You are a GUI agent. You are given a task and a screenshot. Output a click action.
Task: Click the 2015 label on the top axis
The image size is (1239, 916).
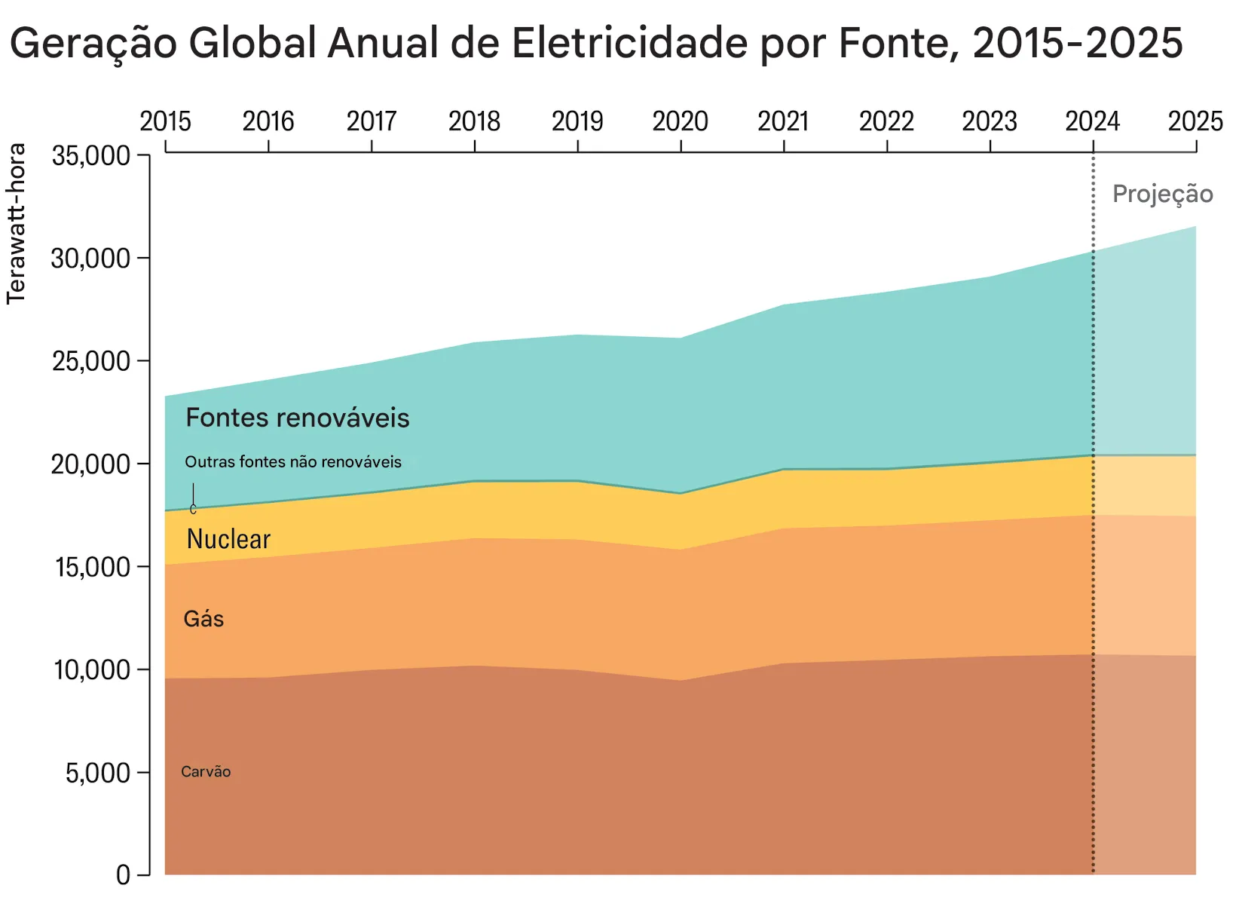pyautogui.click(x=165, y=121)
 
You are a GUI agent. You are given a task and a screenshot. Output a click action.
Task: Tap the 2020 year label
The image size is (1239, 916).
pyautogui.click(x=680, y=121)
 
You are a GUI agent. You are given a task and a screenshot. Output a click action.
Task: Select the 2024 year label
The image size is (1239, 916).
pyautogui.click(x=1092, y=121)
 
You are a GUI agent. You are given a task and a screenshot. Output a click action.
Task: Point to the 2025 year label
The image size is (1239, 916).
pyautogui.click(x=1195, y=121)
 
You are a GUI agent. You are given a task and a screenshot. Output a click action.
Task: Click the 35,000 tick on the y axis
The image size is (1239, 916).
pyautogui.click(x=90, y=156)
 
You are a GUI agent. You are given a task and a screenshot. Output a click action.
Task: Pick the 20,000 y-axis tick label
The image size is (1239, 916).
pyautogui.click(x=90, y=464)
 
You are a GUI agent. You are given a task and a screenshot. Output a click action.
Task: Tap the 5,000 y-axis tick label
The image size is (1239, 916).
pyautogui.click(x=97, y=773)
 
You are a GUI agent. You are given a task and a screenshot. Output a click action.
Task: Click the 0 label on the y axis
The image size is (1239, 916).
pyautogui.click(x=123, y=875)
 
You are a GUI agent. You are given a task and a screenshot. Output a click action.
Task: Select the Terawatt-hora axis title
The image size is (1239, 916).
pyautogui.click(x=17, y=224)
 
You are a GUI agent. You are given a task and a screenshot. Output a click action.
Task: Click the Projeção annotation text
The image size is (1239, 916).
pyautogui.click(x=1162, y=194)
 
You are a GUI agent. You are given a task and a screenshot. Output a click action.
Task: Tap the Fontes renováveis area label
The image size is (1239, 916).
pyautogui.click(x=297, y=418)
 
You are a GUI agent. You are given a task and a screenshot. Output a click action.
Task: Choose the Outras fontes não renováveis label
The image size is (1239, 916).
pyautogui.click(x=292, y=462)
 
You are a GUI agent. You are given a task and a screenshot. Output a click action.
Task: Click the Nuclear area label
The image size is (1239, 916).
pyautogui.click(x=228, y=539)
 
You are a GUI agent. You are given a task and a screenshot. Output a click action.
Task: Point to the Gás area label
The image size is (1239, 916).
pyautogui.click(x=203, y=619)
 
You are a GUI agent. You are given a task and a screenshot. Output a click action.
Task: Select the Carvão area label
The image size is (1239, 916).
pyautogui.click(x=206, y=771)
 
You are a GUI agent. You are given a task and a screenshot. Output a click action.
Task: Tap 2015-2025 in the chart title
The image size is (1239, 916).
pyautogui.click(x=1078, y=43)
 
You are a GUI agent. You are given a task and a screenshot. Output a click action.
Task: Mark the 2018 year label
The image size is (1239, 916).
pyautogui.click(x=474, y=121)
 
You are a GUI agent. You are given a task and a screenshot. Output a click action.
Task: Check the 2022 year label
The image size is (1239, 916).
pyautogui.click(x=886, y=121)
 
